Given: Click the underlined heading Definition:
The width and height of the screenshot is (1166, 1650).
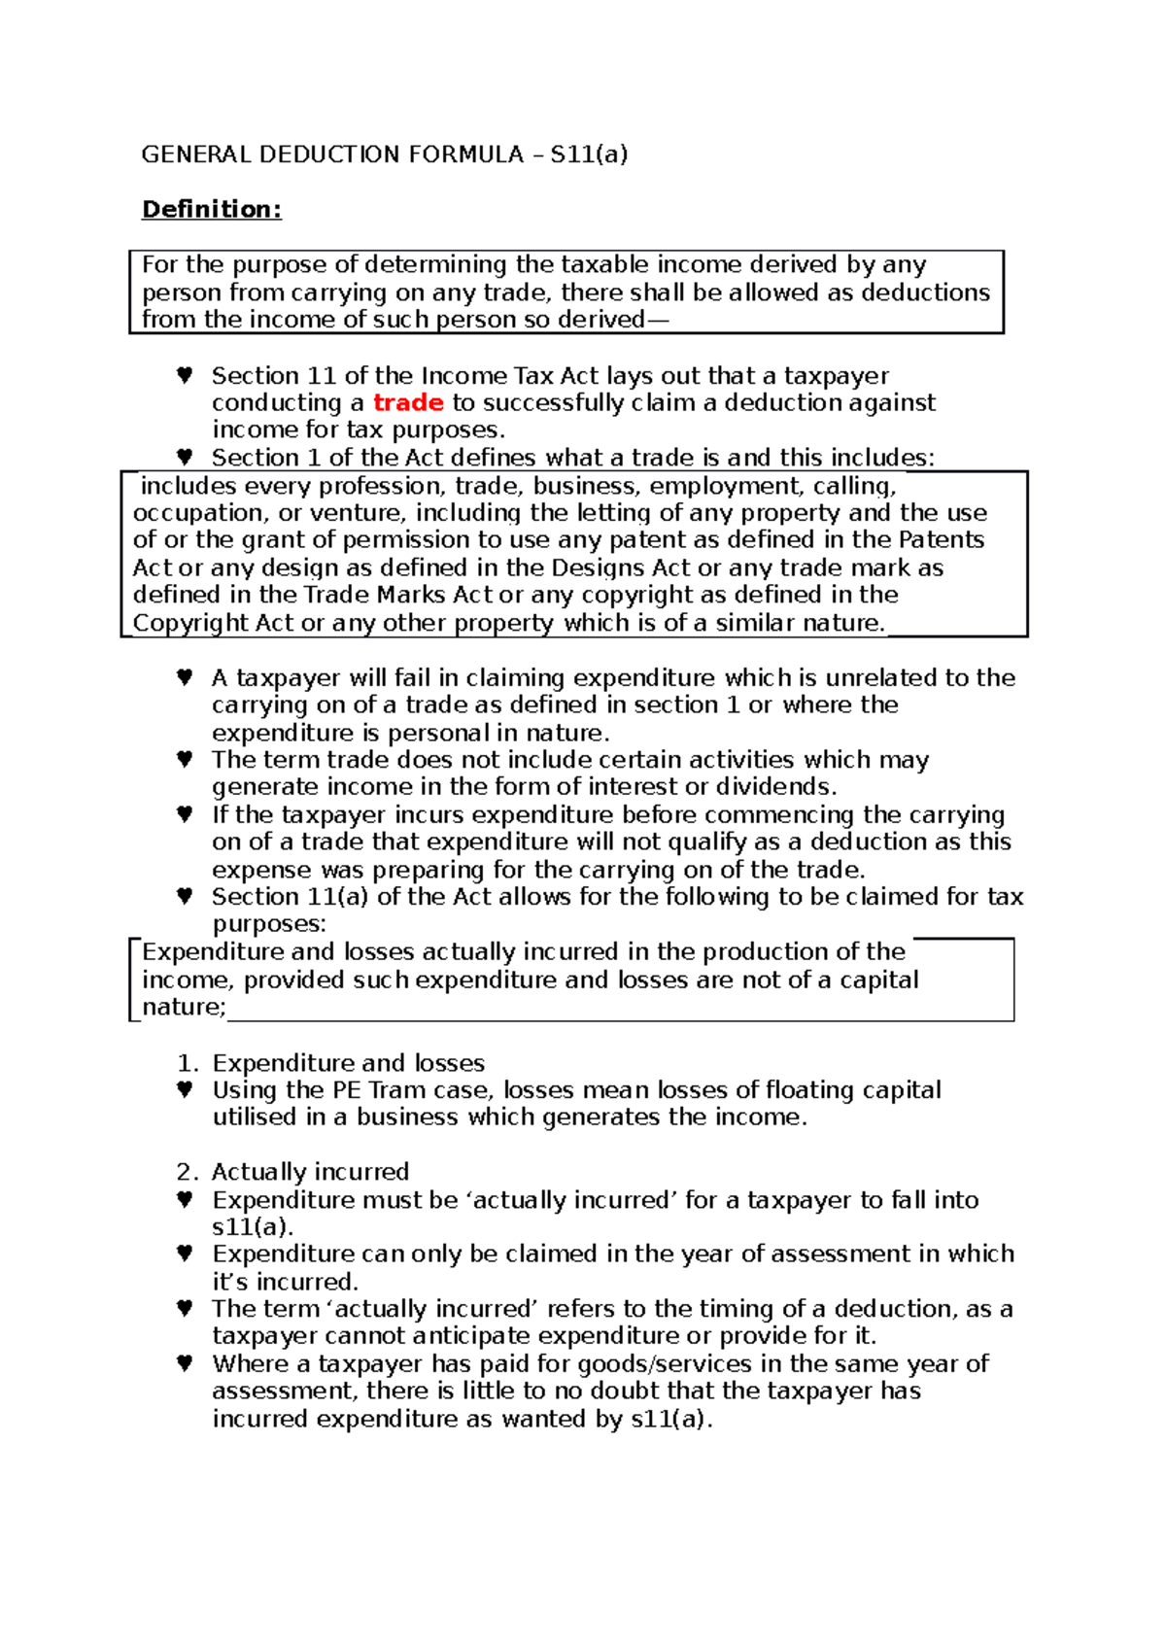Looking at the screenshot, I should point(211,209).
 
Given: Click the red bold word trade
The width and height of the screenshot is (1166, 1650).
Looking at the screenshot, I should point(408,402).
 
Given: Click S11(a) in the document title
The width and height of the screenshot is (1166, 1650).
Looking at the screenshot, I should point(589,155).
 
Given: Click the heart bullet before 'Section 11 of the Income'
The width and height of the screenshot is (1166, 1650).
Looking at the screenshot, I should point(185,375).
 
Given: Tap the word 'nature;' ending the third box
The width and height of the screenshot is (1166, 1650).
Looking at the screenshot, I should point(184,1008).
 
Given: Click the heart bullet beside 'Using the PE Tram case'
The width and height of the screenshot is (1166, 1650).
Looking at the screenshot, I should point(185,1090).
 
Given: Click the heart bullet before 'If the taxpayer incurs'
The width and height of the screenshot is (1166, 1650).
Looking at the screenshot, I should point(185,814).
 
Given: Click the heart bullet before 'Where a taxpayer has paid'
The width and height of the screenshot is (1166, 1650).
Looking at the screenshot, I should point(185,1363).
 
